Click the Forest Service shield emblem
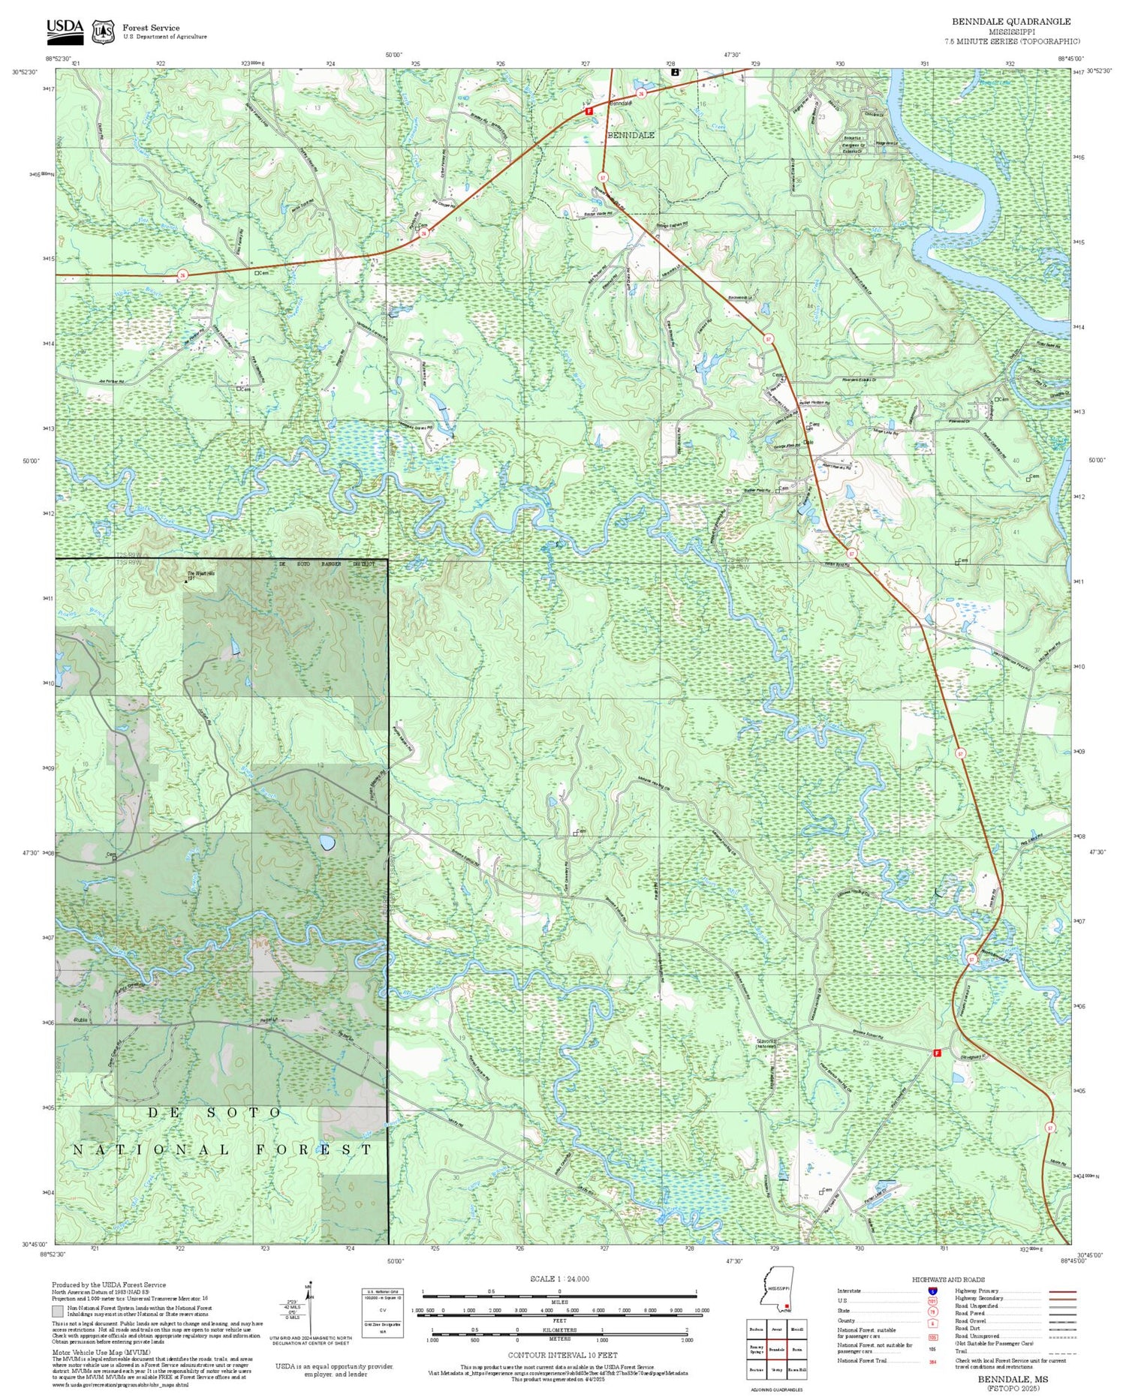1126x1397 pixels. [103, 32]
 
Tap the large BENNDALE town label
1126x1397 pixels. [630, 135]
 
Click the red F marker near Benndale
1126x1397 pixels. [589, 111]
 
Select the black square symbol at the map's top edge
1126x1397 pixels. [675, 72]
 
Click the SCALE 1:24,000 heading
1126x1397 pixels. [559, 1278]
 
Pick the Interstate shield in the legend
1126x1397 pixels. [932, 1290]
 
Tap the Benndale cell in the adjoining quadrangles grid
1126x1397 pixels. [776, 1349]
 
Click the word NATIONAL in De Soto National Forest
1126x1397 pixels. [151, 1149]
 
